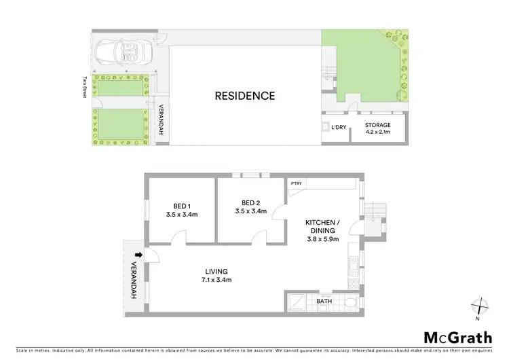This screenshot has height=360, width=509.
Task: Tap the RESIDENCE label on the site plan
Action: point(245,96)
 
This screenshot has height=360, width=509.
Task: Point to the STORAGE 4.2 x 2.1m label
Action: point(377,128)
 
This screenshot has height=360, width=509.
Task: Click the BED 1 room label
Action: point(181,210)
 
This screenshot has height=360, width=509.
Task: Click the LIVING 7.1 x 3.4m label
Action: point(216,275)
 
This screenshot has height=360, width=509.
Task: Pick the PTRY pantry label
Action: point(296,183)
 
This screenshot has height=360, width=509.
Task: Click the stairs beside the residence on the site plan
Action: point(328,72)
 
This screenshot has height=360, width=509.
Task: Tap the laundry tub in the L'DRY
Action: point(326,127)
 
